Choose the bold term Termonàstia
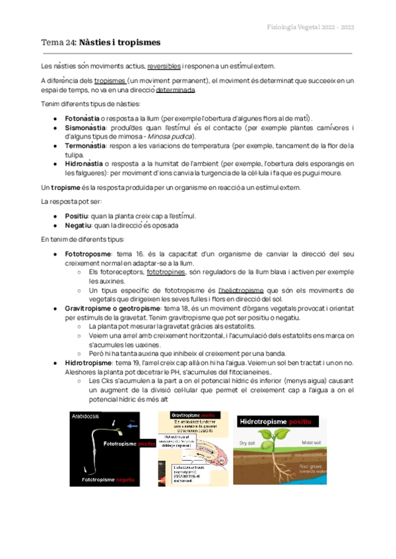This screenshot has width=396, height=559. (x=84, y=146)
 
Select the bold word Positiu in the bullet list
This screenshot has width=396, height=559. (x=78, y=215)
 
